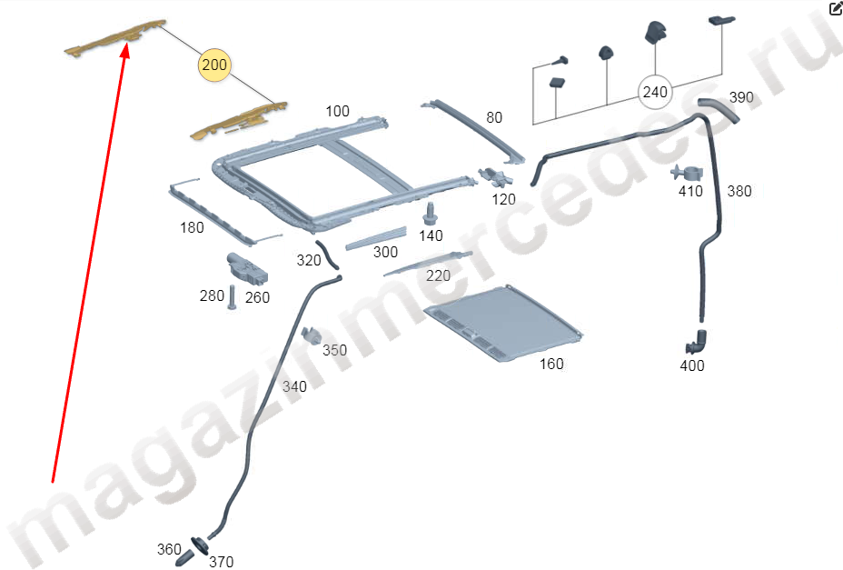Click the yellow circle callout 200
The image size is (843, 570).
(x=214, y=65)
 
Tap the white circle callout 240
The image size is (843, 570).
(x=655, y=93)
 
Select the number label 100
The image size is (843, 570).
(x=338, y=112)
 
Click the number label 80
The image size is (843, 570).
(x=494, y=117)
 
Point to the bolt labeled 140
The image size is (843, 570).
(x=430, y=215)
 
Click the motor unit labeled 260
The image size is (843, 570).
(x=247, y=267)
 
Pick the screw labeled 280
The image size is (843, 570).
(x=232, y=297)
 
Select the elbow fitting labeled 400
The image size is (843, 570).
(x=696, y=343)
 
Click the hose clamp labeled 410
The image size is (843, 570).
(x=688, y=174)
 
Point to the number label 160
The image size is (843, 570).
(x=551, y=365)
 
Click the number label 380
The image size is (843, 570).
(x=739, y=191)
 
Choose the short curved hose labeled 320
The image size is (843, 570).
(x=326, y=255)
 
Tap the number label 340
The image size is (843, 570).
(x=294, y=386)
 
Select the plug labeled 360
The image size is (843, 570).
(x=184, y=557)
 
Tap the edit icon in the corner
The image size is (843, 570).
(x=836, y=7)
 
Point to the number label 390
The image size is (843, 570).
(x=741, y=97)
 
